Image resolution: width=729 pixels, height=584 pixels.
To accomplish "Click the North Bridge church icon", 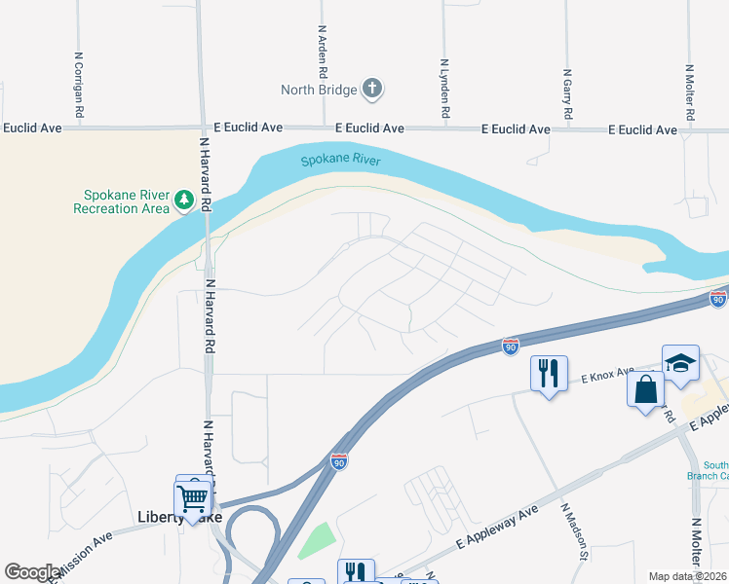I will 371,90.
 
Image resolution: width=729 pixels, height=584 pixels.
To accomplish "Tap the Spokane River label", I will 340,161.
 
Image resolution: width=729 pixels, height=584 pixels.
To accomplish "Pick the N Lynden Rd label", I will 444,88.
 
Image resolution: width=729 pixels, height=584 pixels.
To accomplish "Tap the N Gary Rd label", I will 567,94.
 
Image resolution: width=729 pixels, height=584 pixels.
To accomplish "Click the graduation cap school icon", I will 680,364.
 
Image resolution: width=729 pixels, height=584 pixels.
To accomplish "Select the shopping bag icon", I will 646,389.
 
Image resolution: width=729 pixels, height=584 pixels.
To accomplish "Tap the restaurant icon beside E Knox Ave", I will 549,373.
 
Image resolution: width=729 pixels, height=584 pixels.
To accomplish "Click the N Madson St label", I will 575,531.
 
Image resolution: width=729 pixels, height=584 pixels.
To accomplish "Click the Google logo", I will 31,572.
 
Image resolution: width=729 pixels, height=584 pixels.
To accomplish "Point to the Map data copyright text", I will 687,576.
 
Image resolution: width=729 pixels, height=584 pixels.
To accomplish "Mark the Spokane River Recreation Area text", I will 122,201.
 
